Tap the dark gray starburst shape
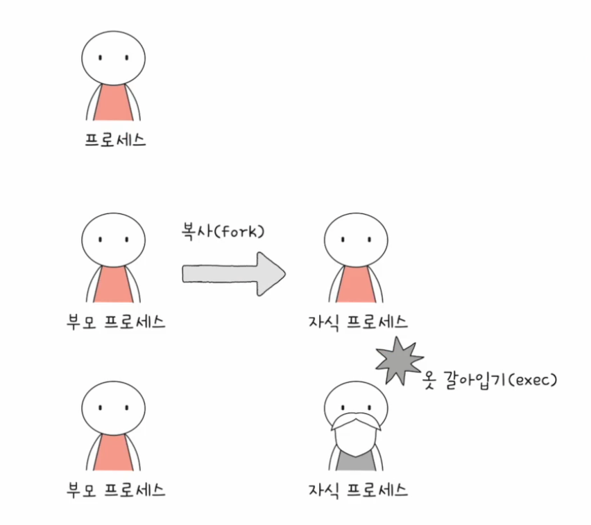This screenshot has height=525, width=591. coord(399,360)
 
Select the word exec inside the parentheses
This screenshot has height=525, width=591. coord(528,379)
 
